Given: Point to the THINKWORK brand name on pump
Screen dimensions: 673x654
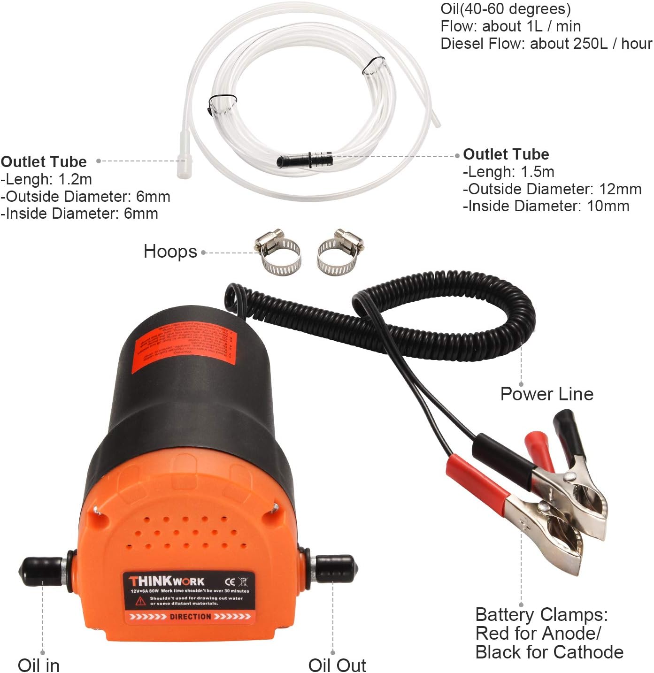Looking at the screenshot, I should point(167,581).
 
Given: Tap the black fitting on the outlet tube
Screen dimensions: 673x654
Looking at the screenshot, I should point(305,159).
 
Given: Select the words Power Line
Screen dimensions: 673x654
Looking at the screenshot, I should point(546,394).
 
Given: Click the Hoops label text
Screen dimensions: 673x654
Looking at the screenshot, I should point(170,252).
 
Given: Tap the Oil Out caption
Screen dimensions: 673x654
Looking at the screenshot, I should point(337,665).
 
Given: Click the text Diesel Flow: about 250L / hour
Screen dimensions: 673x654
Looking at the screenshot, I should point(546,44).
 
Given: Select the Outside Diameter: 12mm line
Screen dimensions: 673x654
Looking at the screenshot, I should point(552,189).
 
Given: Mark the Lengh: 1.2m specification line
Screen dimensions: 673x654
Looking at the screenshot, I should point(46,179).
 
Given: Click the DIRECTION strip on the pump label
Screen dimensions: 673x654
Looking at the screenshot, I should point(190,617).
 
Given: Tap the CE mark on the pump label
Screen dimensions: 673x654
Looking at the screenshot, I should point(230,582).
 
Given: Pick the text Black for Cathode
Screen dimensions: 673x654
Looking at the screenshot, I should point(549,652).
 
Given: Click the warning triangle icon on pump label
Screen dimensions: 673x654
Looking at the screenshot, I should point(140,601).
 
